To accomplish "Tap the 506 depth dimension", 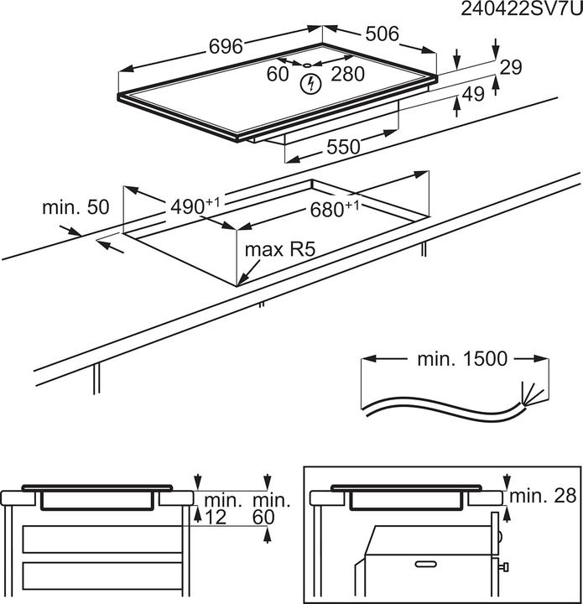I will click(x=382, y=34).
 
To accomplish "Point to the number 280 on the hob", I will click(x=347, y=74).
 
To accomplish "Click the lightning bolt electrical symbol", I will click(x=312, y=83).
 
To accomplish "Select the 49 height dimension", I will click(x=474, y=95).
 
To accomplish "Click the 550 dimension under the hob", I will click(x=343, y=148).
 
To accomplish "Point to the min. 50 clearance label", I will click(x=76, y=207).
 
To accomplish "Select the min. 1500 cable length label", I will click(x=462, y=359).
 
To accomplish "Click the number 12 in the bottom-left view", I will click(x=216, y=518).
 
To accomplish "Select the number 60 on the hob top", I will click(x=278, y=74).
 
